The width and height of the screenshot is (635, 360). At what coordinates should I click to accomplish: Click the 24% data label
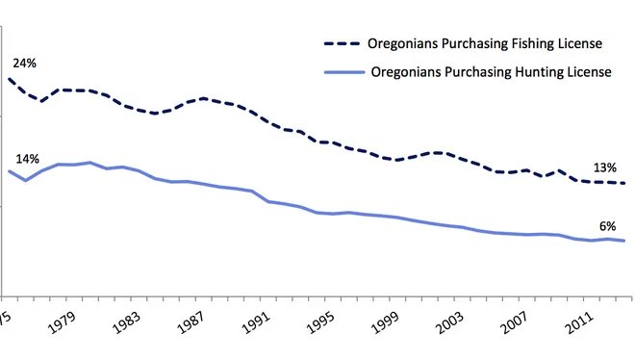25,64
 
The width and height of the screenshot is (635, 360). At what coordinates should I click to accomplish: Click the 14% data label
28,159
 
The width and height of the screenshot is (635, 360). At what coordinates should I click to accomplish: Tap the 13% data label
605,167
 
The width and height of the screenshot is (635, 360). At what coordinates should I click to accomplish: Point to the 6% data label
607,226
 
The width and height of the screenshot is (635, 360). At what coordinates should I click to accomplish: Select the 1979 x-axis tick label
62,322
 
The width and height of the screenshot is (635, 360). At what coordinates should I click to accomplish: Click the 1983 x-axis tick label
127,322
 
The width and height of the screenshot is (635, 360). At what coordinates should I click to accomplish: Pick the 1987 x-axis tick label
191,322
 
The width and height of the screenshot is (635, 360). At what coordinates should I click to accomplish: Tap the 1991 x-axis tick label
256,322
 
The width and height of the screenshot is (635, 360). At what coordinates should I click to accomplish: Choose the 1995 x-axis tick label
321,322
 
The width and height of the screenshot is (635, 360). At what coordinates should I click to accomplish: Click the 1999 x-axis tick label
386,322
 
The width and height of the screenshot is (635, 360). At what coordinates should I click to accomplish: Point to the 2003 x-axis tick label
450,322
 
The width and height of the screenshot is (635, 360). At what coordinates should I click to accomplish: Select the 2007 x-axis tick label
516,322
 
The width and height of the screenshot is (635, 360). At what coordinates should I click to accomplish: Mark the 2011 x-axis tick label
580,322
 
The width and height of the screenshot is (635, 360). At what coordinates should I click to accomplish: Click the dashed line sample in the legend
342,43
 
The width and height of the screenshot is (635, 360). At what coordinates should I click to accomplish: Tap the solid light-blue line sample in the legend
344,72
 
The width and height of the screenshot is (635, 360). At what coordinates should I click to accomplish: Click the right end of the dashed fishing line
624,183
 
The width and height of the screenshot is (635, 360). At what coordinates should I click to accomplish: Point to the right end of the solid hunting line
624,241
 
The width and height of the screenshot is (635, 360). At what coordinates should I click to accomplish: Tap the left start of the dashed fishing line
9,79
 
